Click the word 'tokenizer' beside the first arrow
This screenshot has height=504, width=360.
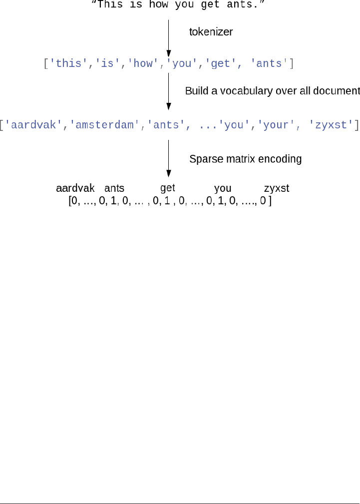211,32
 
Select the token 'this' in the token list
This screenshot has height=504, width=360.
69,64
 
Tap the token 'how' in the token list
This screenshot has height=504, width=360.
143,64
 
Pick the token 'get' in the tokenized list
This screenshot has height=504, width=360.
220,64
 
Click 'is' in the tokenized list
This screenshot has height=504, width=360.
107,64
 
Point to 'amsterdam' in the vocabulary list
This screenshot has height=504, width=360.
105,125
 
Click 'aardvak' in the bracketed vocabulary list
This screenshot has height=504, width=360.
34,125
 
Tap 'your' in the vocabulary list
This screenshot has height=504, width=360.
276,125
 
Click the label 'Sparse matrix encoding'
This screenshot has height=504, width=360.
245,159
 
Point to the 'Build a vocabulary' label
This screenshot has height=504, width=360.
272,91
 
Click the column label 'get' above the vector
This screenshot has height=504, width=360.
168,188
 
